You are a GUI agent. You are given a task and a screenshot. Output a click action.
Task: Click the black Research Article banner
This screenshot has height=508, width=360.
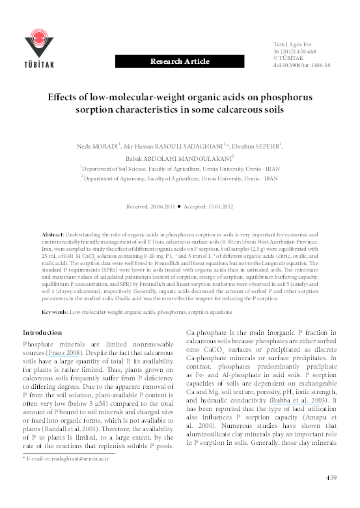tap(180, 61)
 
